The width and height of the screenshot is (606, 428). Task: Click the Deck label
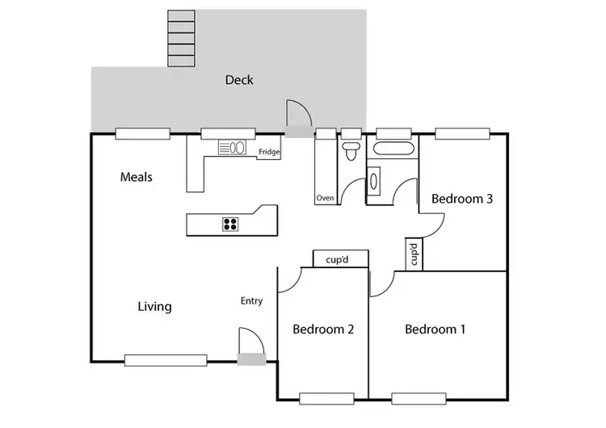(239, 79)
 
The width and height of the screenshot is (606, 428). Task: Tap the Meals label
(137, 177)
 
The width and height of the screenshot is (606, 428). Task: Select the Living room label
(154, 306)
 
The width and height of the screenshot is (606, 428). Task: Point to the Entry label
(251, 301)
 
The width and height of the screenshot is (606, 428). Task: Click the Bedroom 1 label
(435, 329)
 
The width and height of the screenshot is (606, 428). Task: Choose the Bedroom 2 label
(323, 329)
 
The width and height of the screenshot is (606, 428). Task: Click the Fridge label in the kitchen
(268, 152)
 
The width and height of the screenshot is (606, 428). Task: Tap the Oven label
(325, 197)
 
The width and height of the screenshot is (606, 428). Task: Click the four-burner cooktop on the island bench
(230, 224)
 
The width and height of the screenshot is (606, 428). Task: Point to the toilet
(351, 150)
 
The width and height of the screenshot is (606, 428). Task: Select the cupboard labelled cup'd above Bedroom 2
(341, 258)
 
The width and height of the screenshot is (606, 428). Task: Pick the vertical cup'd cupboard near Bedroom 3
(413, 254)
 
